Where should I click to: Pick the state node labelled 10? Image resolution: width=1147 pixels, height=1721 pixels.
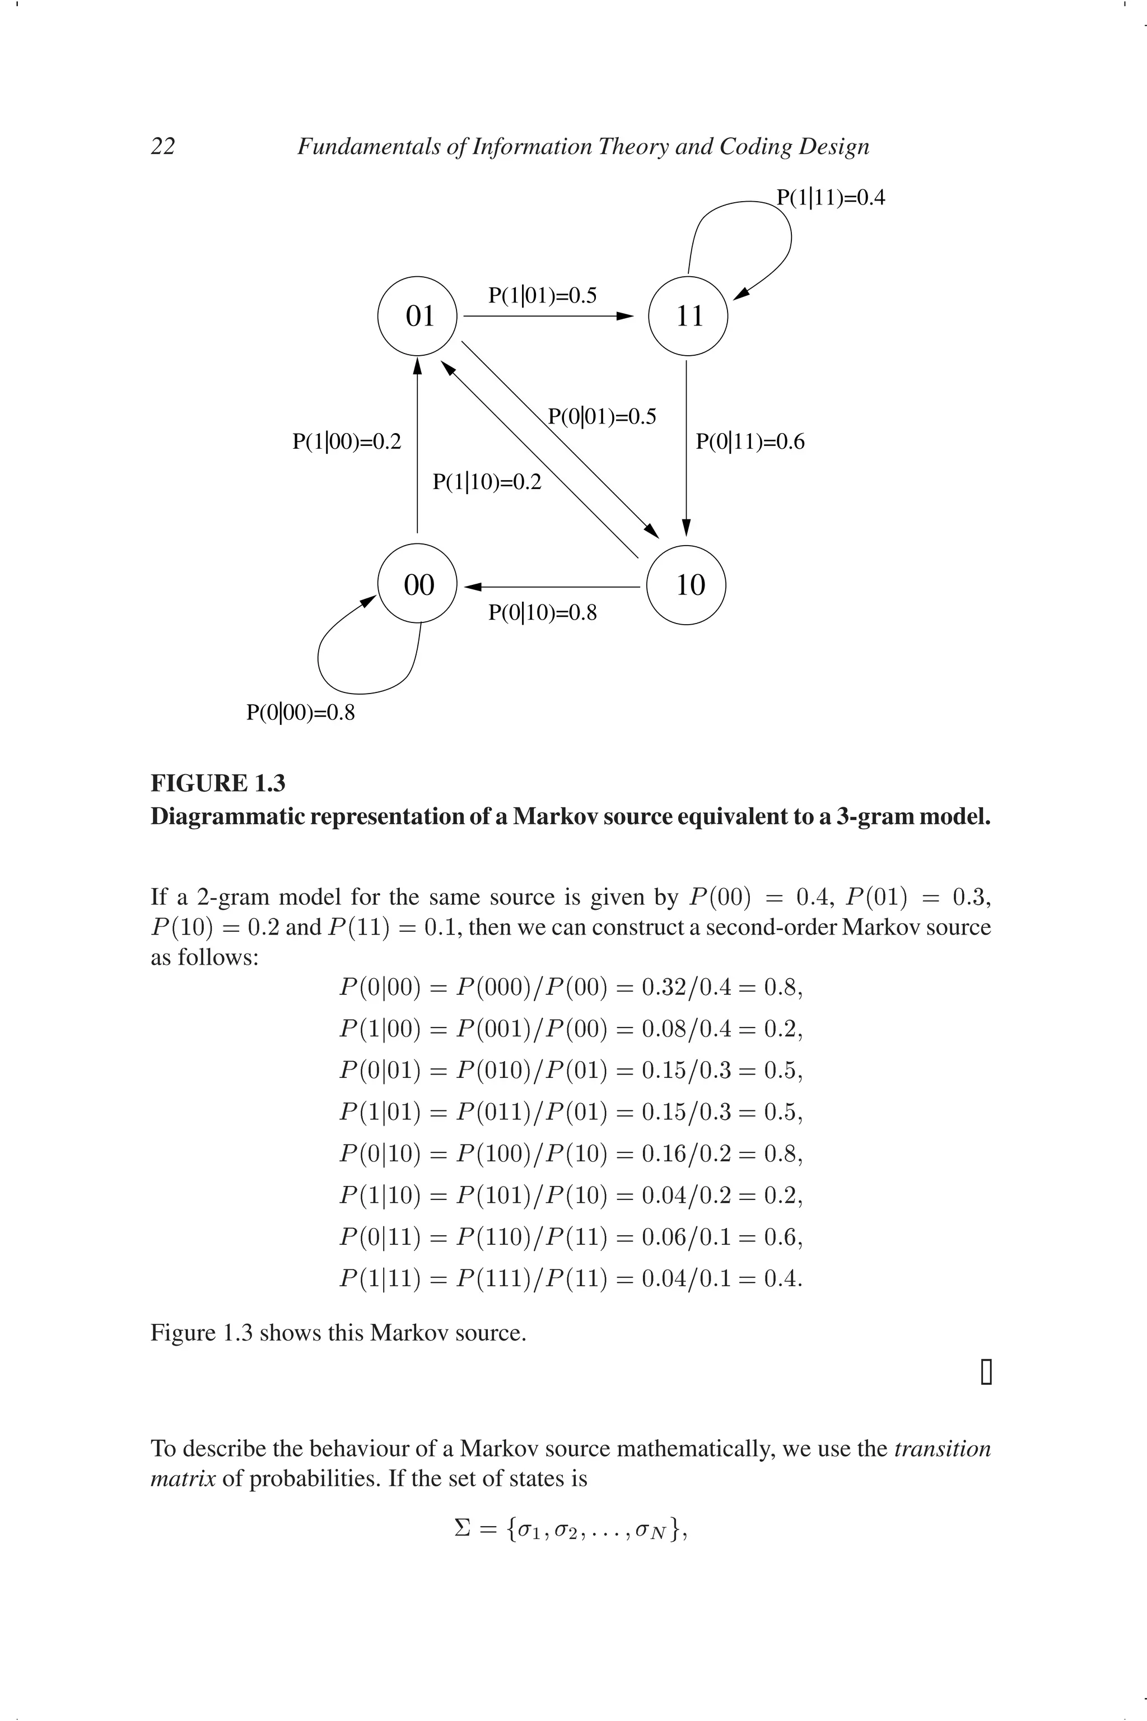click(688, 585)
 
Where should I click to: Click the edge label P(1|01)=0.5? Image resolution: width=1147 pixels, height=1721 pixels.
click(542, 296)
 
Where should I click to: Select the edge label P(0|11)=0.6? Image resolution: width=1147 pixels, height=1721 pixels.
click(750, 442)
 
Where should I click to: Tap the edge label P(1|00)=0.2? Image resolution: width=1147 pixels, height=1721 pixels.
click(347, 442)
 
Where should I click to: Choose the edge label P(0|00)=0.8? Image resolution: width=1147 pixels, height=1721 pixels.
click(301, 712)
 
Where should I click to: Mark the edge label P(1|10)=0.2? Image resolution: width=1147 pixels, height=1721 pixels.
click(487, 482)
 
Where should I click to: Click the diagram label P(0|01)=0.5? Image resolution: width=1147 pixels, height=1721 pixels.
click(602, 417)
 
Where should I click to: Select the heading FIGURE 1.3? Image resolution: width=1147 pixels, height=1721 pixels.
click(218, 783)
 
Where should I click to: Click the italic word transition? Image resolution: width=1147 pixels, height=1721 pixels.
click(942, 1449)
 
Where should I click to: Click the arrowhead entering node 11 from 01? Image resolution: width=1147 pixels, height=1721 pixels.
click(626, 316)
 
